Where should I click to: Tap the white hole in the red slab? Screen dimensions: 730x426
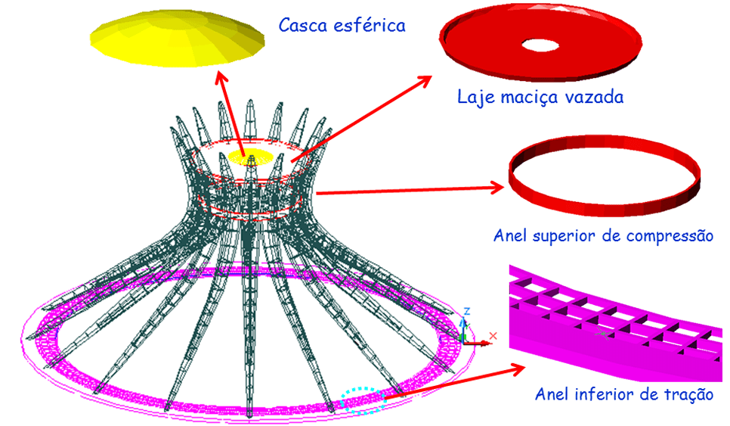coord(540,45)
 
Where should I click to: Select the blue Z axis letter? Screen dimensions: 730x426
coord(466,312)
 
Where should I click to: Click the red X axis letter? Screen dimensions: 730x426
coord(493,336)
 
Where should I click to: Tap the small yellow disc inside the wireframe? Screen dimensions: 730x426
coord(250,156)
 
